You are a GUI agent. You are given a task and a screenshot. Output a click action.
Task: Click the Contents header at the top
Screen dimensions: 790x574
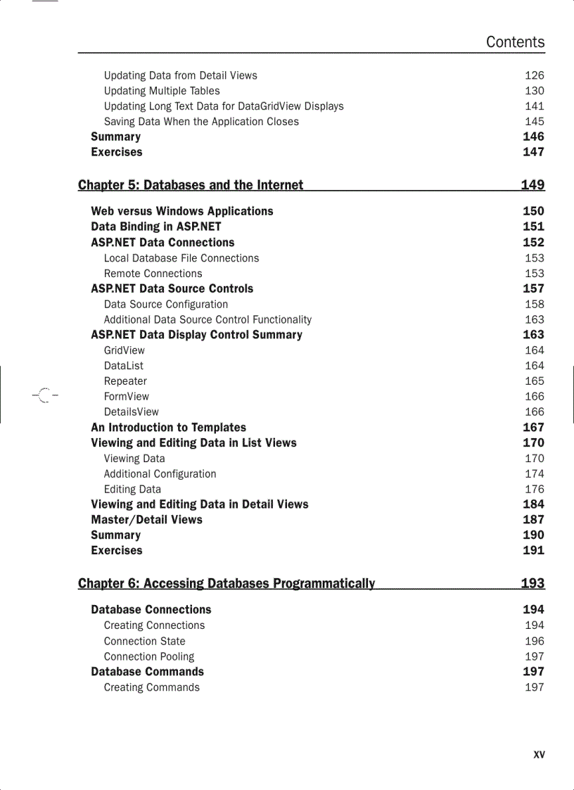coord(515,42)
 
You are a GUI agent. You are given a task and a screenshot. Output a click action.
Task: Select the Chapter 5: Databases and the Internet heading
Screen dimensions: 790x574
coord(191,185)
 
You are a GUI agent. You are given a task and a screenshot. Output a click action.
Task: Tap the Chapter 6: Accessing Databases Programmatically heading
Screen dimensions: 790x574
coord(227,583)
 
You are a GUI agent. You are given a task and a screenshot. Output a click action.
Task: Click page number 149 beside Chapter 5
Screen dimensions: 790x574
coord(532,185)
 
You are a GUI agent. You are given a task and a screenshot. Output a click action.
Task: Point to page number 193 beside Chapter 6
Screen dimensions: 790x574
coord(532,583)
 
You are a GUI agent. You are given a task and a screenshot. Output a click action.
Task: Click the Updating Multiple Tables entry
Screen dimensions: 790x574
coord(162,91)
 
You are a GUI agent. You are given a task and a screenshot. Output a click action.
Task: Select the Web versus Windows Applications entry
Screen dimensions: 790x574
coord(182,211)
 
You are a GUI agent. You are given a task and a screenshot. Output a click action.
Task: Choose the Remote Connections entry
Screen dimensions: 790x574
coord(153,274)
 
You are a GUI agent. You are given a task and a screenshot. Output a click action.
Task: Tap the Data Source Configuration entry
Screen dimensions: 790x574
coord(166,305)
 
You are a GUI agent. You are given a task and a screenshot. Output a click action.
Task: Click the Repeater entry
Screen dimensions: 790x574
coord(125,381)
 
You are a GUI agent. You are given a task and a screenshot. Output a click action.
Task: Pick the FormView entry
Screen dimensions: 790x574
coord(127,397)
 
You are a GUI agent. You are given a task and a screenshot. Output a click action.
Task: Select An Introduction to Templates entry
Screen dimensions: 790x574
coord(169,428)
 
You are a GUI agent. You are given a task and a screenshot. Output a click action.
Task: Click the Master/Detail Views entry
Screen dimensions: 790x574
coord(146,520)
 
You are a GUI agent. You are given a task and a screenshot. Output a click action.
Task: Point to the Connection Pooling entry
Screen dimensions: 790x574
coord(149,657)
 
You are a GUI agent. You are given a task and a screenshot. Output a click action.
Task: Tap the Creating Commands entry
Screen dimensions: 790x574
coord(151,688)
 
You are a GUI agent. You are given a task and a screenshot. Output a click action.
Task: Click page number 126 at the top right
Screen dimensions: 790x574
coord(534,75)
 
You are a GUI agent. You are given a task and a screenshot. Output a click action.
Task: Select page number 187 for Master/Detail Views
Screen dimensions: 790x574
coord(533,520)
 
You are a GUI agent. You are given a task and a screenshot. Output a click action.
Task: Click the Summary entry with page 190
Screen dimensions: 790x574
coord(116,535)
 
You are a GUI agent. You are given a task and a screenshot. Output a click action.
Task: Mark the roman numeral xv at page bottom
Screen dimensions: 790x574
coord(539,755)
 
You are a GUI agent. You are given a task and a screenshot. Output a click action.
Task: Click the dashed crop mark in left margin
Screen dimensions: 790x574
coord(44,395)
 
